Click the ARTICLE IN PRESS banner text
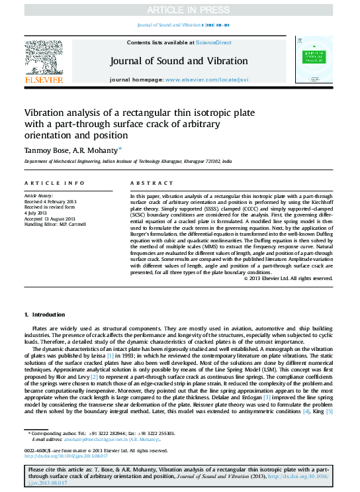tap(179, 9)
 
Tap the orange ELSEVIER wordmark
tap(44, 80)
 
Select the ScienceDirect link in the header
tap(213, 42)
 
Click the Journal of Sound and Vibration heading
tap(179, 61)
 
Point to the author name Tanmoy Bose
tap(45, 150)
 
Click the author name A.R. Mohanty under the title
tap(97, 150)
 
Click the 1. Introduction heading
tap(45, 315)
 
